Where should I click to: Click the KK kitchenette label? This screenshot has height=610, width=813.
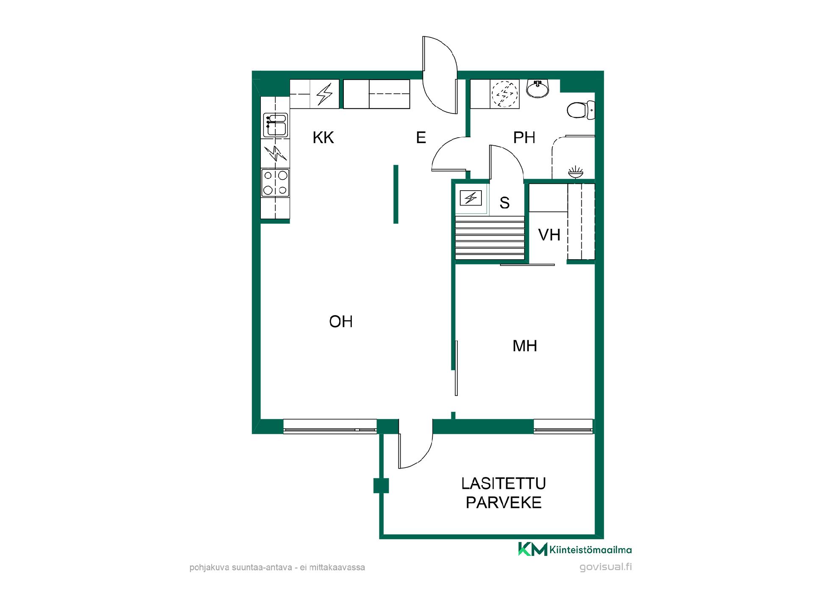click(323, 138)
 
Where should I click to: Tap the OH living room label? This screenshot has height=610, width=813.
click(341, 322)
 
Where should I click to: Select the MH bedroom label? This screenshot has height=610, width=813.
click(525, 346)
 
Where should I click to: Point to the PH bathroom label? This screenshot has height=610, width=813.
click(524, 138)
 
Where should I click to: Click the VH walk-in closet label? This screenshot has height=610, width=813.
click(549, 235)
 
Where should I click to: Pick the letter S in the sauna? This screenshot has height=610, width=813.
click(504, 203)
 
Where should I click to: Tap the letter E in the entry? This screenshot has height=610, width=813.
click(421, 138)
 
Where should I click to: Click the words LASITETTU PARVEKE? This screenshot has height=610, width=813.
click(503, 493)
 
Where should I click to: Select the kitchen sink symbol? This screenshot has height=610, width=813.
click(276, 125)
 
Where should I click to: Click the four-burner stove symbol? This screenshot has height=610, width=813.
click(275, 183)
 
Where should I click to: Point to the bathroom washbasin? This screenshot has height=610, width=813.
click(538, 89)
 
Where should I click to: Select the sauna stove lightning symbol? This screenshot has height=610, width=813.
click(471, 198)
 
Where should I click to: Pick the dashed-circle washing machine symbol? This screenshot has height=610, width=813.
click(504, 94)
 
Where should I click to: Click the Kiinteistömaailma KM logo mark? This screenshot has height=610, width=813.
click(533, 549)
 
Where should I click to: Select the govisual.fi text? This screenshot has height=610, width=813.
click(606, 567)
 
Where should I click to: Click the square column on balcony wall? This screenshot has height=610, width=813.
click(381, 485)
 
